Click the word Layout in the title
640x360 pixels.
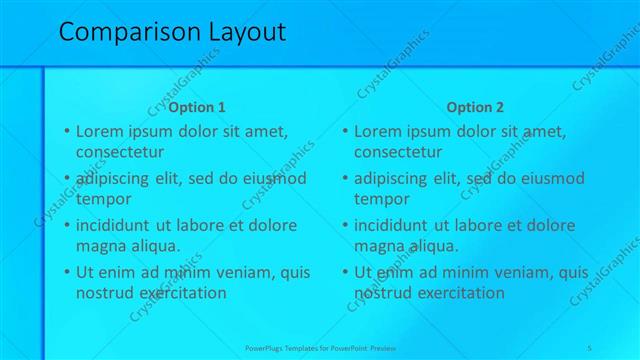[x=246, y=32]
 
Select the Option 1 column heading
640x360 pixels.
[x=197, y=107]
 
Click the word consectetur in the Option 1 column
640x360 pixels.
[x=120, y=152]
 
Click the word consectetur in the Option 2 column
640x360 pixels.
[x=398, y=152]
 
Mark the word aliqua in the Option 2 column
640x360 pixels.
[x=431, y=246]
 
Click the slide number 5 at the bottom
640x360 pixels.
[x=590, y=347]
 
